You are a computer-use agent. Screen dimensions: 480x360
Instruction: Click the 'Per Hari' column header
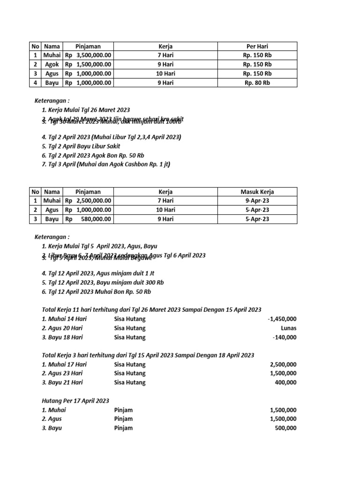click(257, 46)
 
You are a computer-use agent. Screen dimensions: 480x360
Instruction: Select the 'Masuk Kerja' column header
click(257, 192)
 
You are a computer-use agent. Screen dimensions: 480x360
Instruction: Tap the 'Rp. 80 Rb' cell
click(257, 82)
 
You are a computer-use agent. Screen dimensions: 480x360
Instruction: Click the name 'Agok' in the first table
click(52, 64)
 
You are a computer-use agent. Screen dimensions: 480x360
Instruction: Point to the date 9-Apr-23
click(257, 201)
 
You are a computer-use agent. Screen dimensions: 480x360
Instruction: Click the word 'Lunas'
click(287, 328)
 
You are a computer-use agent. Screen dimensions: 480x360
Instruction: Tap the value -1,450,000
click(282, 319)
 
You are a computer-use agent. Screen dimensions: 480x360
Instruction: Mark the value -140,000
click(284, 337)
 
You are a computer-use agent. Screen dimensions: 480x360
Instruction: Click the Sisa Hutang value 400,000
click(285, 382)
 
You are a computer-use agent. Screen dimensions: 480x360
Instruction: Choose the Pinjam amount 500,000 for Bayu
click(285, 428)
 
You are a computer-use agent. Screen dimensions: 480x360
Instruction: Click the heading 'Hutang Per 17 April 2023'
click(75, 401)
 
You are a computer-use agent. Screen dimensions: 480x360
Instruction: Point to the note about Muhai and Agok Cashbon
click(105, 164)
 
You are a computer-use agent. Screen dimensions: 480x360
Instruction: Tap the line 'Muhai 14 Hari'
click(64, 319)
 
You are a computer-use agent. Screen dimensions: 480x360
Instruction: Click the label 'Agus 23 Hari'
click(62, 374)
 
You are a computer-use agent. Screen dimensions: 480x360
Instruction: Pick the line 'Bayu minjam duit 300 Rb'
click(103, 282)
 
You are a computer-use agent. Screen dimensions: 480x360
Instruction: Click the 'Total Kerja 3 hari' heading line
click(148, 355)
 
